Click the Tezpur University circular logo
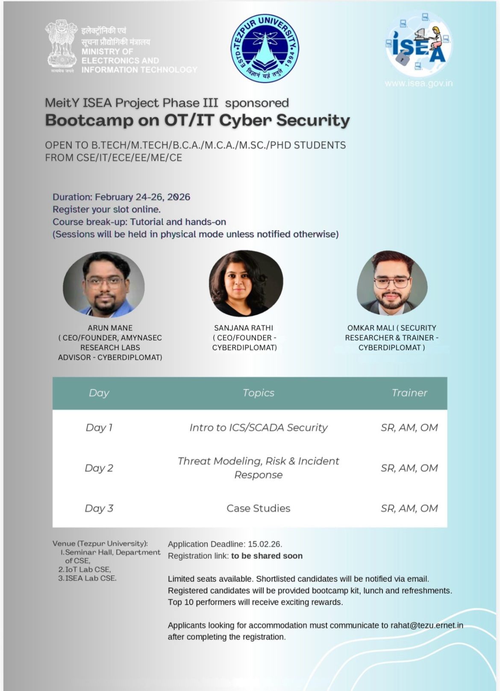click(265, 47)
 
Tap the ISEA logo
click(418, 46)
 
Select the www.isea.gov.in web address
click(418, 83)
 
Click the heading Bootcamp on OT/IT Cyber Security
click(197, 120)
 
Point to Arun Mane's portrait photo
click(104, 285)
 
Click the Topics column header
click(258, 393)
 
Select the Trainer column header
click(409, 393)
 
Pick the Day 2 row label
click(99, 468)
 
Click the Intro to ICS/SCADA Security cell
click(258, 428)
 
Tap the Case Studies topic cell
click(258, 508)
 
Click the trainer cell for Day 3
click(409, 508)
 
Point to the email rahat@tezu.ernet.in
click(426, 625)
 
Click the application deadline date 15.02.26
click(265, 544)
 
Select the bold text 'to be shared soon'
click(267, 556)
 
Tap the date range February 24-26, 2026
click(142, 197)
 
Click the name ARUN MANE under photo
click(110, 328)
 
